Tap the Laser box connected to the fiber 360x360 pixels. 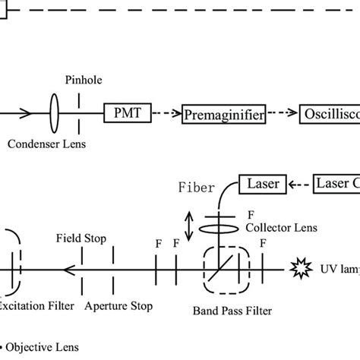[263, 183]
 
